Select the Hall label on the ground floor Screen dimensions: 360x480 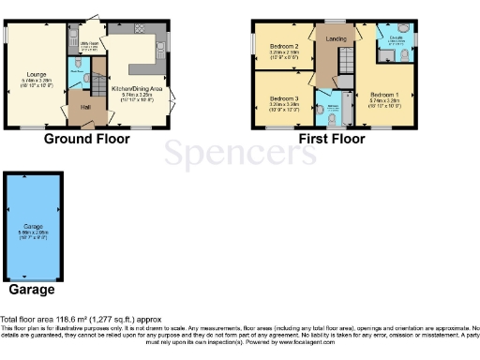click(x=84, y=108)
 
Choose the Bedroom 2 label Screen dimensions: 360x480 click(x=284, y=46)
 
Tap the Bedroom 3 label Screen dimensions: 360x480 click(x=284, y=98)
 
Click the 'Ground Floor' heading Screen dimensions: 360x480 click(x=86, y=139)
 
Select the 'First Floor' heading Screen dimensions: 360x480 click(x=330, y=139)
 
